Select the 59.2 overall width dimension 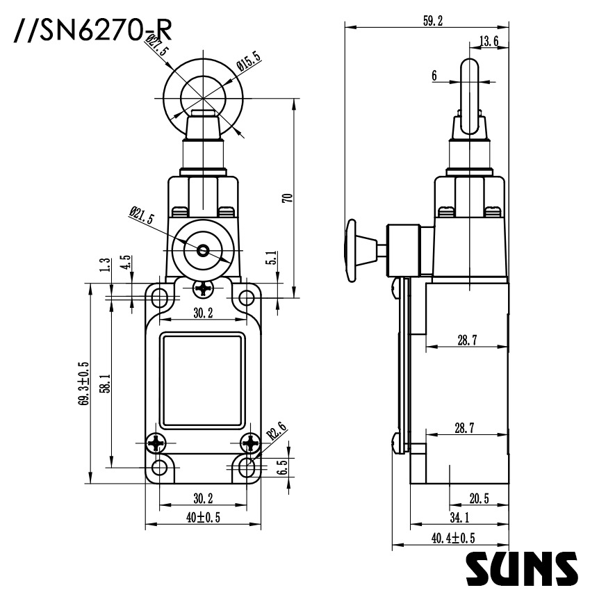pos(432,21)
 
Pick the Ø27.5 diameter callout pos(156,50)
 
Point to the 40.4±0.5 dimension pos(453,537)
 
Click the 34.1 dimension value pos(459,516)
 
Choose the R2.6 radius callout pos(276,432)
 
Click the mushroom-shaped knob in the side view pos(352,249)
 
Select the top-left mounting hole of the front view pos(160,298)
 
